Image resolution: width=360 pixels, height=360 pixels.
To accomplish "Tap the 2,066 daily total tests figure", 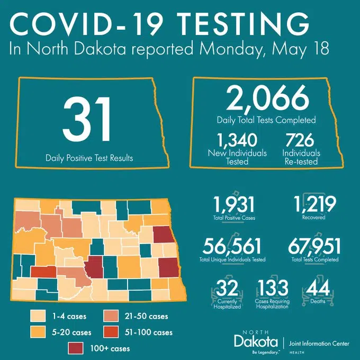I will coord(267,98).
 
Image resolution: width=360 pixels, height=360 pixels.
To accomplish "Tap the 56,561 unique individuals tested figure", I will coord(233,247).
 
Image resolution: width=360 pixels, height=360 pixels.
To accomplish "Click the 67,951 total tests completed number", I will coord(314,247).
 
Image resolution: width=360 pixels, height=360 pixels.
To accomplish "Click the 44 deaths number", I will coord(316,289).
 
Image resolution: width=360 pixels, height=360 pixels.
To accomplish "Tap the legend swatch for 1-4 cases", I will coord(38,317).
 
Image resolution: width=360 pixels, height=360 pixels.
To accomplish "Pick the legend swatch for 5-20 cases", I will coord(38,332).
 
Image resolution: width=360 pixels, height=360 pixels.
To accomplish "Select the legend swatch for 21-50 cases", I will coord(110,317).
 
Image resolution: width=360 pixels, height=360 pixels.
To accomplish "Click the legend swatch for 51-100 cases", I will coord(110,332).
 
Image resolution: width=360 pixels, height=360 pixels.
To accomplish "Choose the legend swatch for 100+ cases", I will coord(77,348).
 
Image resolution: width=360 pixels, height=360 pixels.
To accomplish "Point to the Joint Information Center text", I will coord(319,343).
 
